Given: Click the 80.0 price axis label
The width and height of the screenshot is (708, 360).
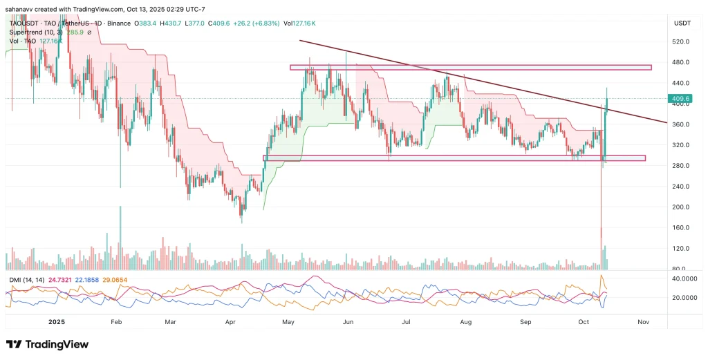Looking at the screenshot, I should (x=680, y=269).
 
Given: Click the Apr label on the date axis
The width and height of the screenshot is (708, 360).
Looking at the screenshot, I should (x=230, y=322).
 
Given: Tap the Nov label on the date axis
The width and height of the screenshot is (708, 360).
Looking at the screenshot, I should (x=643, y=322).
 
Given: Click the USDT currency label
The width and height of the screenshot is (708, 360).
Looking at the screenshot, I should (x=682, y=23).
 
